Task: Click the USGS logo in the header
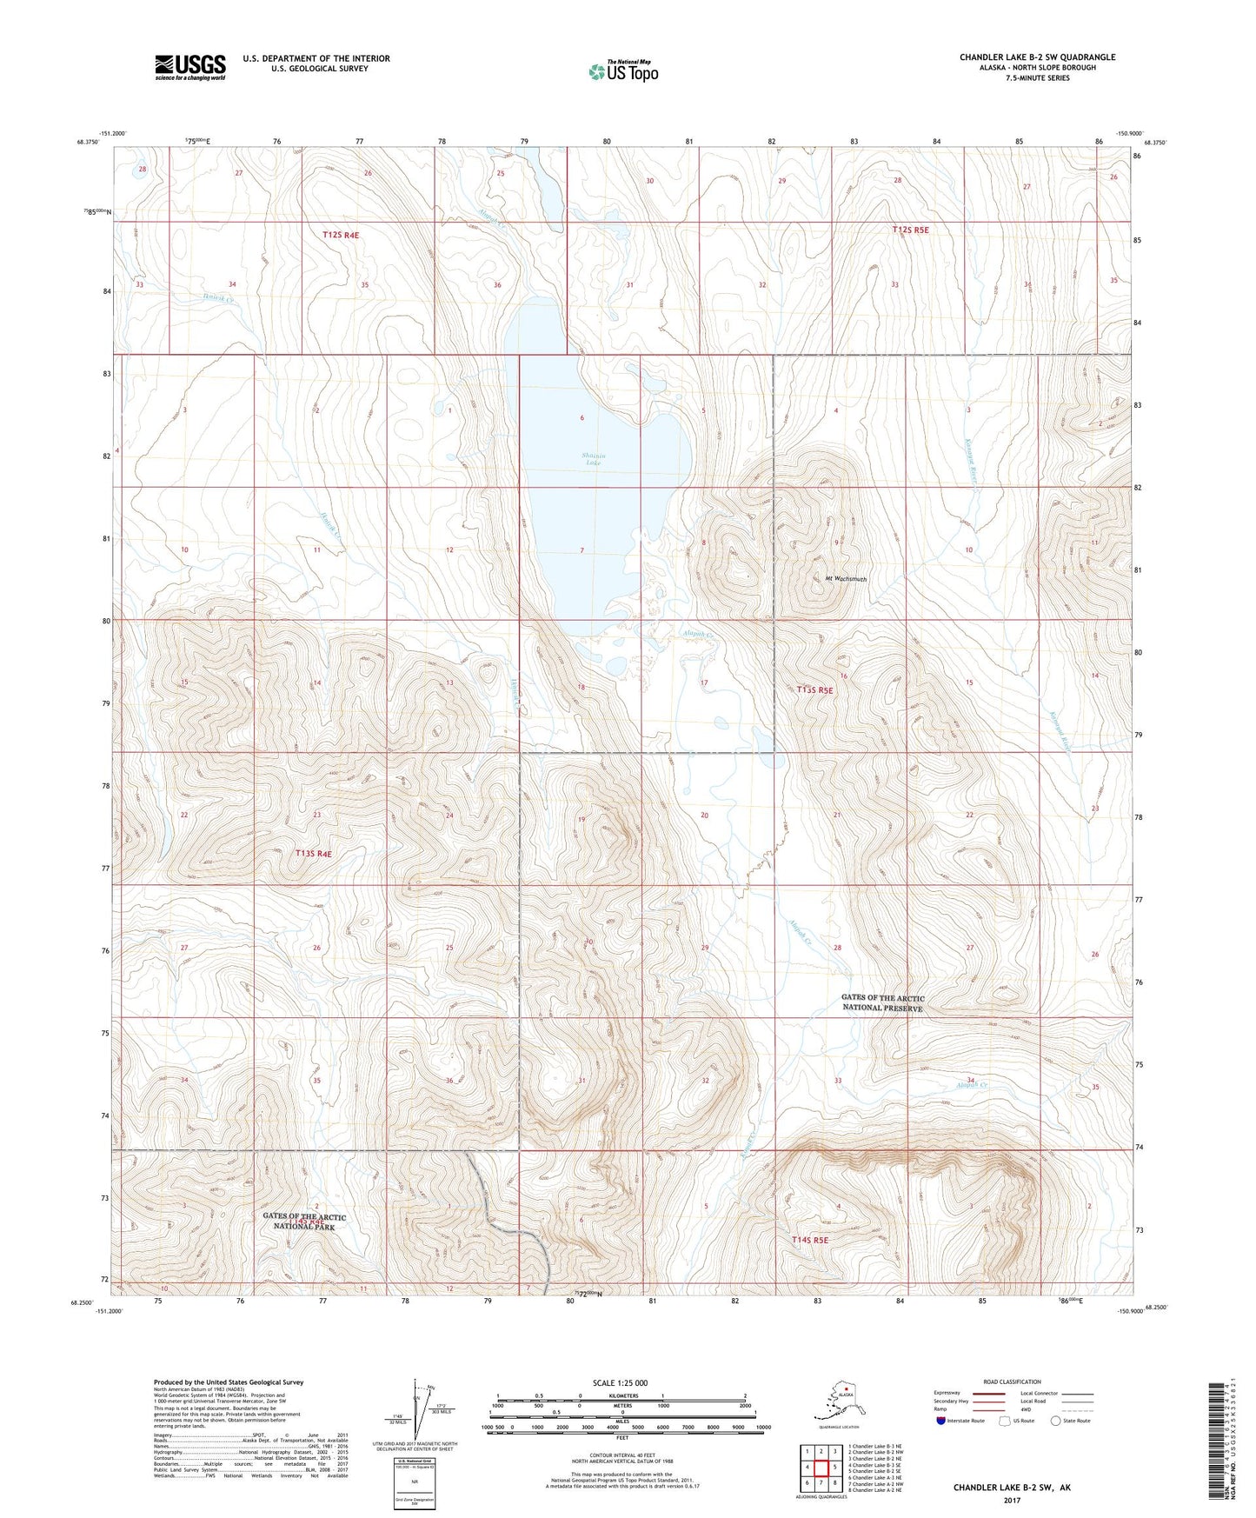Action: (189, 67)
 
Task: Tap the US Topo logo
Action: (623, 70)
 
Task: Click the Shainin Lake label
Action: (594, 459)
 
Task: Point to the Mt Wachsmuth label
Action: (845, 578)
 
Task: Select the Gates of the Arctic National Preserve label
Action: (882, 1002)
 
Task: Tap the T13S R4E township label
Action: (313, 854)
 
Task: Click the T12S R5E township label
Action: (910, 230)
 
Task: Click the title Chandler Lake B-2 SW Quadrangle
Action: (1037, 57)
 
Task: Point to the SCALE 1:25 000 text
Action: (621, 1382)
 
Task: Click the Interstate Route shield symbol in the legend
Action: (941, 1421)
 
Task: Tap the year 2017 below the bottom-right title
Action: (1011, 1500)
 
